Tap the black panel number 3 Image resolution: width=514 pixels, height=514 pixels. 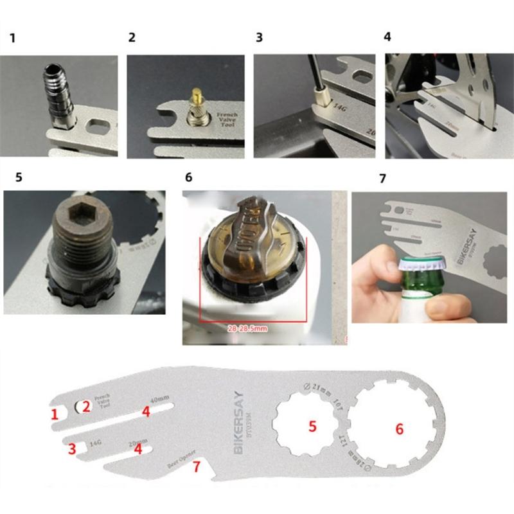pyautogui.click(x=259, y=37)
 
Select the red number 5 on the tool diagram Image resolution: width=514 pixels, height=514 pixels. pyautogui.click(x=312, y=425)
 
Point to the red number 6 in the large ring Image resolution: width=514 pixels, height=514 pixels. pyautogui.click(x=399, y=429)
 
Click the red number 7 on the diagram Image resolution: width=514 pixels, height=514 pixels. pyautogui.click(x=197, y=466)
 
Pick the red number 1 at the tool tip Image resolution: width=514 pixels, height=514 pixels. pyautogui.click(x=55, y=414)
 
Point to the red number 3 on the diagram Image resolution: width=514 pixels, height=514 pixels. pyautogui.click(x=73, y=447)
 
